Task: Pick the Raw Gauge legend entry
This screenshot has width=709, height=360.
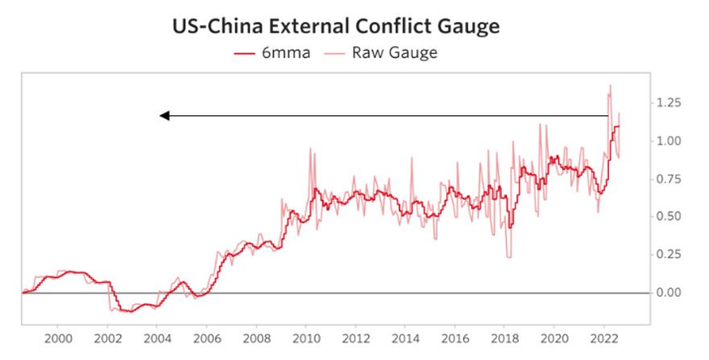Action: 382,52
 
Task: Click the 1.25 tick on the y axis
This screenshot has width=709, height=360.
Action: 671,103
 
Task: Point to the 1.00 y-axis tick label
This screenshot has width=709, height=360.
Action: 671,141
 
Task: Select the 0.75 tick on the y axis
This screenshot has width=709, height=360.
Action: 671,179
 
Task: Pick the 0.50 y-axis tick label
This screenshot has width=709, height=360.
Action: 671,217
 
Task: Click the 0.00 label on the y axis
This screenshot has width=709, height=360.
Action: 671,293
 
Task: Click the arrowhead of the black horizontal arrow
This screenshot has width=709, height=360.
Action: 164,116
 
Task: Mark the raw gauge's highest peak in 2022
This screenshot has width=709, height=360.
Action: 610,85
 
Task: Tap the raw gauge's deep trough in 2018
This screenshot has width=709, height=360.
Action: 508,257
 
